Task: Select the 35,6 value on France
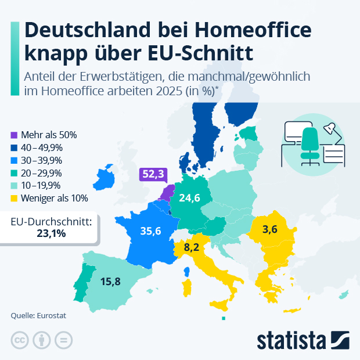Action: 150,230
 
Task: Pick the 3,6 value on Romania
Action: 270,229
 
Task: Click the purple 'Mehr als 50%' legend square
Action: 14,135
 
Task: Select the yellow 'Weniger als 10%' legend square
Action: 14,199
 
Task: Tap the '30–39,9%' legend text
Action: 41,160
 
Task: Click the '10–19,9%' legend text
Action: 41,186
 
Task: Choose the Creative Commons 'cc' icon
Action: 20,340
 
